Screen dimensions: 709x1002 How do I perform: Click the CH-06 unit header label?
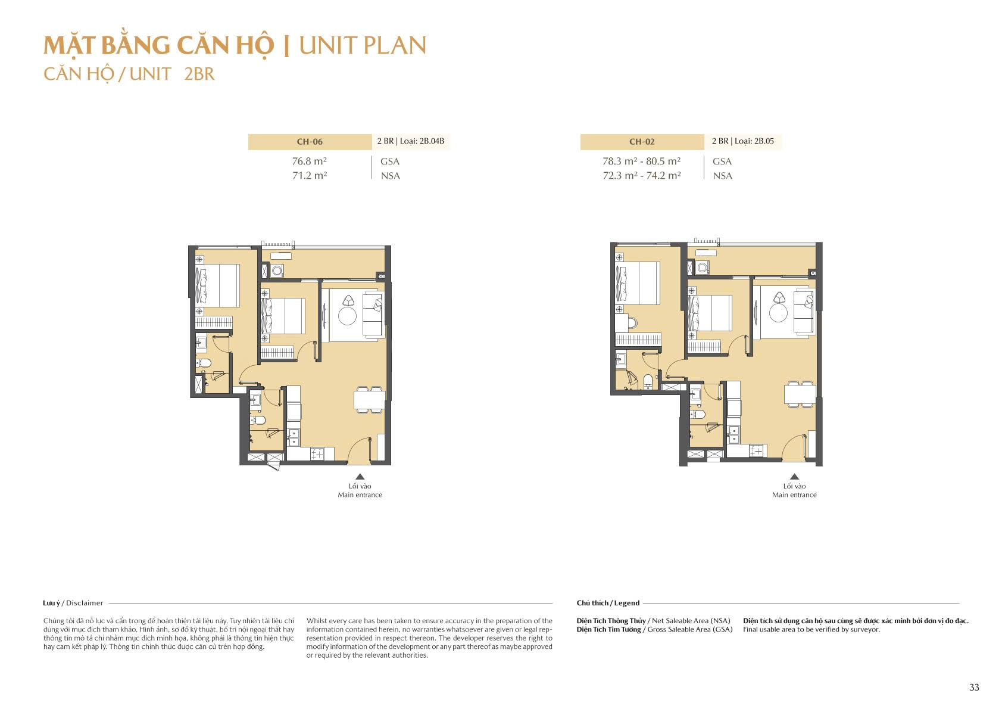tap(310, 142)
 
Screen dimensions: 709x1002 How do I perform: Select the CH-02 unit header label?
tap(642, 142)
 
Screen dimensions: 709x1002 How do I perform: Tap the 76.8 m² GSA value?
tap(309, 161)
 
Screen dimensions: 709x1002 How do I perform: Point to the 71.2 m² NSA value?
tap(309, 176)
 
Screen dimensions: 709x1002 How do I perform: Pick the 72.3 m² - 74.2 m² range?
tap(641, 176)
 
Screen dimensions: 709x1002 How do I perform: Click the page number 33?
tap(974, 687)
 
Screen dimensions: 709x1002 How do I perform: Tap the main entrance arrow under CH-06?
tap(360, 476)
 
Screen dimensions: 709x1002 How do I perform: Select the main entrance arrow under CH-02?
tap(794, 476)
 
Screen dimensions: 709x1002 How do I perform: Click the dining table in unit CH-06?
tap(370, 399)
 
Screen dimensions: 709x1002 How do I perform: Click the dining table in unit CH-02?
tap(800, 394)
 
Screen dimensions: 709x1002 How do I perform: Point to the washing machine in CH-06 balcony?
tap(276, 270)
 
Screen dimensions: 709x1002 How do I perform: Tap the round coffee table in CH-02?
tap(778, 312)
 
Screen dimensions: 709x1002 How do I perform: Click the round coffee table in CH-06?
tap(347, 316)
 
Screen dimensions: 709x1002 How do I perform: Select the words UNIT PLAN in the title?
tap(362, 46)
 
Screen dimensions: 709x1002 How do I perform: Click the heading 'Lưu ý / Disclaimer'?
tap(73, 603)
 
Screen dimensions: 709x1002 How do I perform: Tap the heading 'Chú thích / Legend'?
tap(608, 603)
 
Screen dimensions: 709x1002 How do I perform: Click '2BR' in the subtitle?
tap(199, 74)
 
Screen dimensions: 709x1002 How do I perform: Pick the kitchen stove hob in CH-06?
tap(317, 454)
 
